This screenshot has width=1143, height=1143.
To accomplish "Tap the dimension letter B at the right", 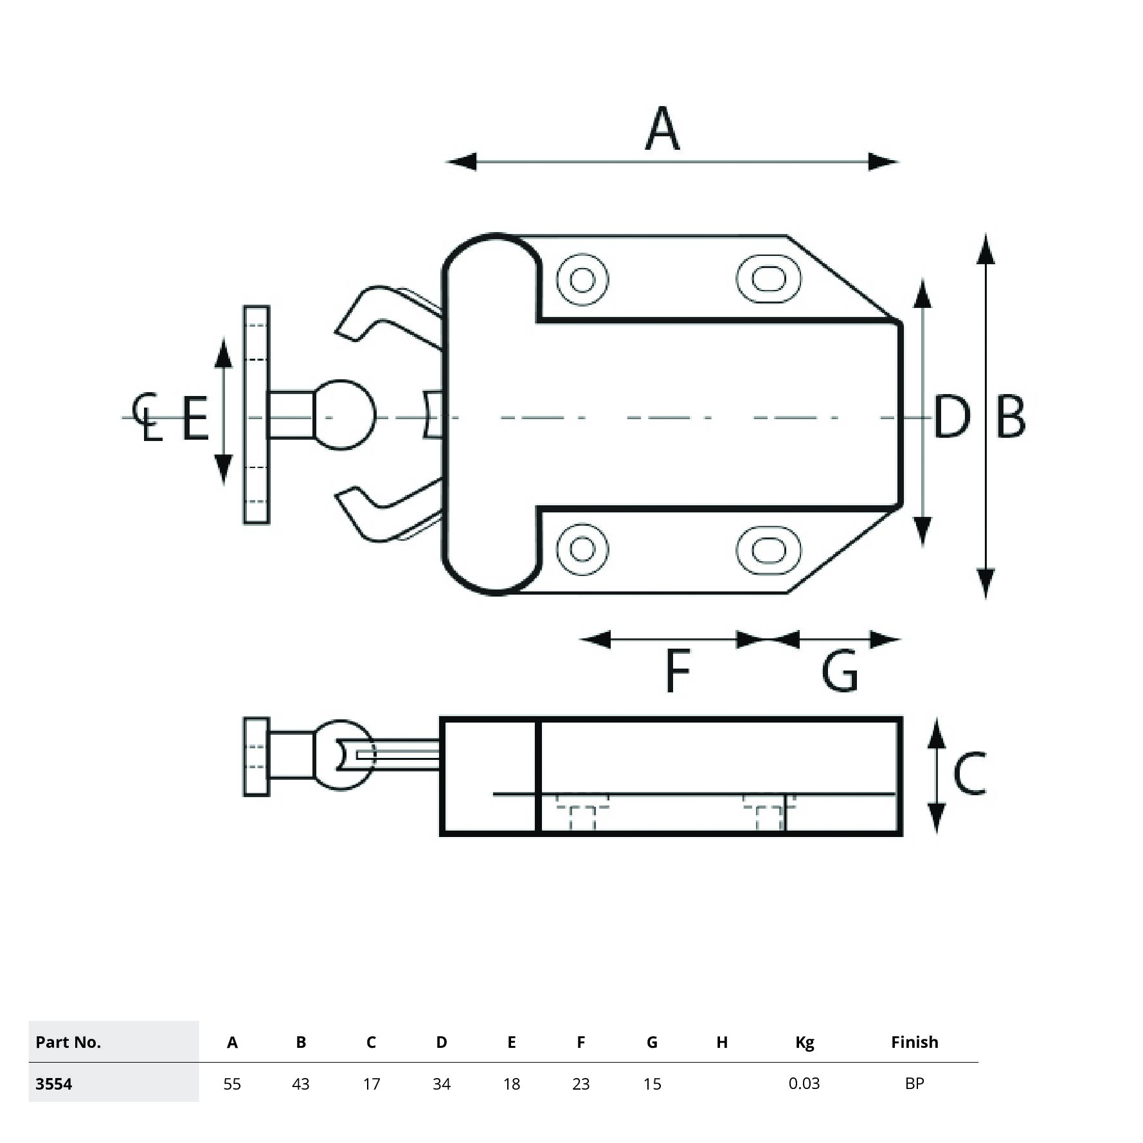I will (x=1010, y=417).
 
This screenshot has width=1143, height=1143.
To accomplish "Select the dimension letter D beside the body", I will (x=951, y=417).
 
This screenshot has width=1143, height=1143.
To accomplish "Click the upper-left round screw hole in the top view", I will (x=582, y=280).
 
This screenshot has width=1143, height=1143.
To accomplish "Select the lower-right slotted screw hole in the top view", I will (x=768, y=550).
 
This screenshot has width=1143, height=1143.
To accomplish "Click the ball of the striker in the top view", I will (x=343, y=415).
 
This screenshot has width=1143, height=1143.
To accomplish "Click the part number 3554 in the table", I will (x=54, y=1084).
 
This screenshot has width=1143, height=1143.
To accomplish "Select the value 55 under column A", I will (x=232, y=1084).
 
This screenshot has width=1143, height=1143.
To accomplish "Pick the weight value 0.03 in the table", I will (x=804, y=1083).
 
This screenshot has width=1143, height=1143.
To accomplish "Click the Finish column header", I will (x=914, y=1042).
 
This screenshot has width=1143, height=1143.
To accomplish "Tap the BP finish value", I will (x=914, y=1083).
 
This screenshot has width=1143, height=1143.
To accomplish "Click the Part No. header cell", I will (x=68, y=1042).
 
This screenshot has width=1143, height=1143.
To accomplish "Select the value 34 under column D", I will (x=442, y=1084).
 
